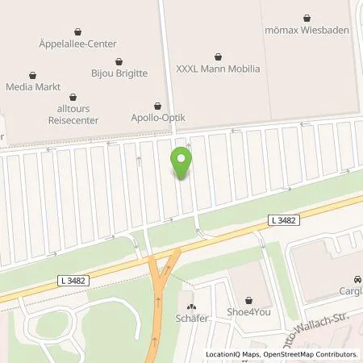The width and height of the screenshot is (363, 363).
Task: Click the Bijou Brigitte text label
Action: click(119, 72)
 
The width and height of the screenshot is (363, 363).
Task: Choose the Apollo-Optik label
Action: click(158, 118)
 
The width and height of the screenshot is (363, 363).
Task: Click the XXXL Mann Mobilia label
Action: click(219, 69)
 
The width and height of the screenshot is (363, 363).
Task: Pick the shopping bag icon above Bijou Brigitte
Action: click(119, 60)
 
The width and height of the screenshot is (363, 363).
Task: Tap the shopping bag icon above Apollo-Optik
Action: click(158, 106)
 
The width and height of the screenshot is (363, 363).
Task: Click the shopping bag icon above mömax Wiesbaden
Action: click(307, 16)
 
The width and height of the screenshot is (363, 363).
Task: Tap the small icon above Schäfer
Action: click(192, 306)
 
